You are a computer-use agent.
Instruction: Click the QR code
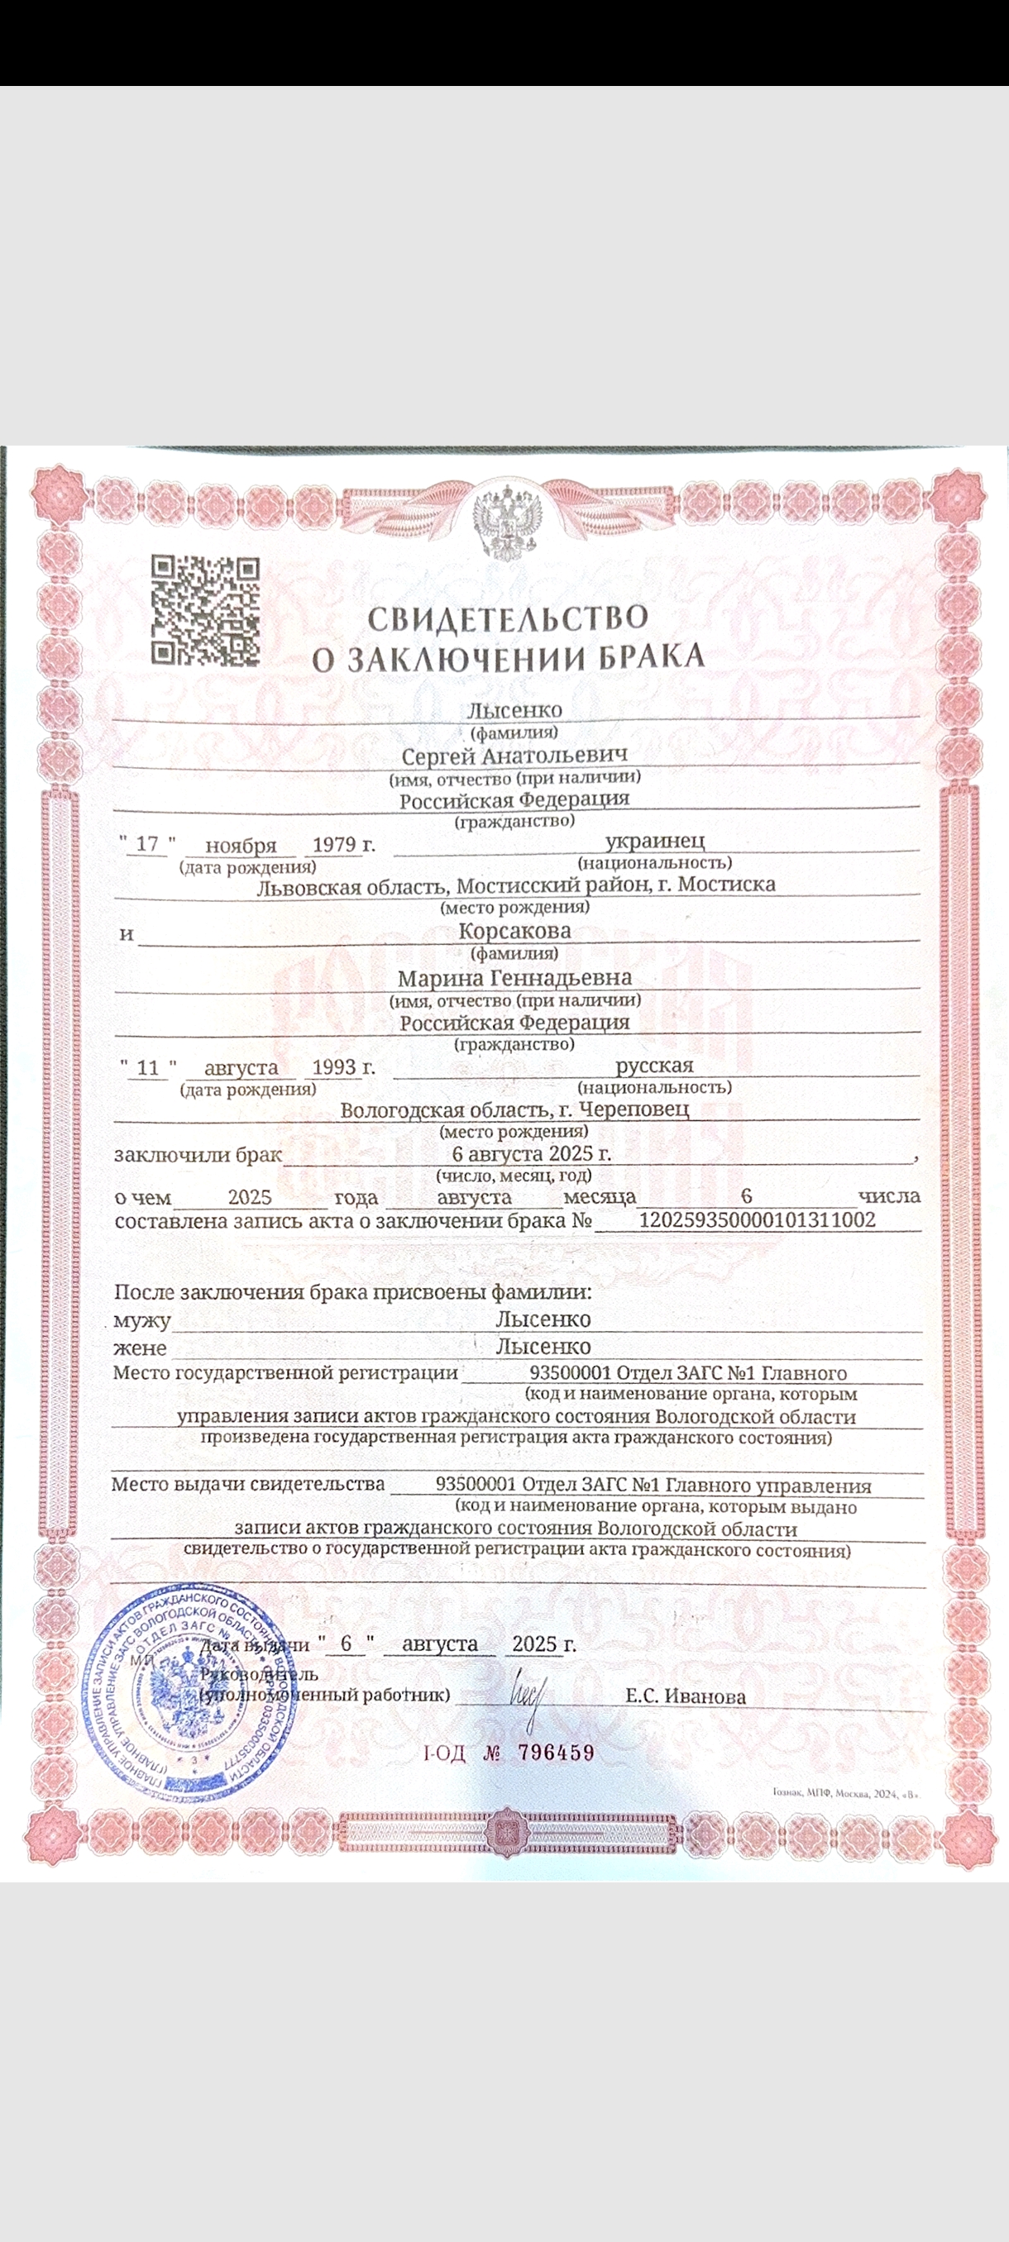pyautogui.click(x=205, y=610)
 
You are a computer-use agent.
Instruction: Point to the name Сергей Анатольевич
pyautogui.click(x=514, y=755)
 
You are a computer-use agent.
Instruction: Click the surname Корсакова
pyautogui.click(x=514, y=930)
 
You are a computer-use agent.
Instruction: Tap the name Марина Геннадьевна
pyautogui.click(x=514, y=978)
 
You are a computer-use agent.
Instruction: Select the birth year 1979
pyautogui.click(x=336, y=844)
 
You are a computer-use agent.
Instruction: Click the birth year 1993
pyautogui.click(x=336, y=1067)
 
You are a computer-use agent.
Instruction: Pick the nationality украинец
pyautogui.click(x=655, y=842)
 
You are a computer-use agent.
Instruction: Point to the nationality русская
pyautogui.click(x=655, y=1066)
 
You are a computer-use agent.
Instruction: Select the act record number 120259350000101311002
pyautogui.click(x=757, y=1219)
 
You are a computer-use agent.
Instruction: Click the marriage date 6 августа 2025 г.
pyautogui.click(x=531, y=1154)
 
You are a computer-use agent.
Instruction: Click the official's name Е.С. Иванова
pyautogui.click(x=685, y=1696)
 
